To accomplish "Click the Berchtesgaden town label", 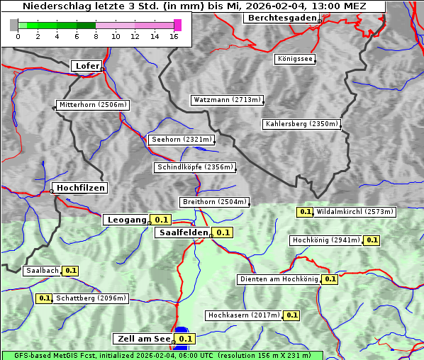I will point(281,18).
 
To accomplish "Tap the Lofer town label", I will point(87,66).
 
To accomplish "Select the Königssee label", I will point(295,59).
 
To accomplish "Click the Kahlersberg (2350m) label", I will point(301,124).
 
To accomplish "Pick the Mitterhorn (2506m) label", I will point(93,105).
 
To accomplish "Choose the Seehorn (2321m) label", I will point(182,140).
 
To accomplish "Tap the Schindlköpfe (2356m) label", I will point(194,167).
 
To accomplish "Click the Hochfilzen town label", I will point(81,188).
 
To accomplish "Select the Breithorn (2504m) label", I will point(213,201).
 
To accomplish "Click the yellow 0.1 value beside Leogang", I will point(160,220).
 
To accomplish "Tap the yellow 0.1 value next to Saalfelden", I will point(223,232).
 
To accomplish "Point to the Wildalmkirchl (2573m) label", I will point(355,211).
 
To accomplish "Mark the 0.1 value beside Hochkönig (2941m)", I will point(372,240).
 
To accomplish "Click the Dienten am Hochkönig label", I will point(279,279).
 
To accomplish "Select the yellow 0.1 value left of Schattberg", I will point(44,298).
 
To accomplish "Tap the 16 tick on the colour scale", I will point(174,35).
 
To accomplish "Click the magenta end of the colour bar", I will point(177,25).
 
